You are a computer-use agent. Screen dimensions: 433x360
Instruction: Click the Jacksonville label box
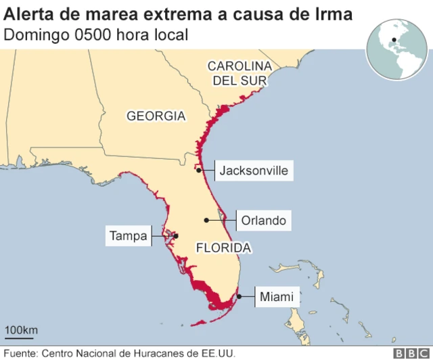[x=254, y=171]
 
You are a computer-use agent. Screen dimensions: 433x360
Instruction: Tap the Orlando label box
[x=263, y=221]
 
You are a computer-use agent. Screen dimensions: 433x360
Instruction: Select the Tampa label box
[x=128, y=236]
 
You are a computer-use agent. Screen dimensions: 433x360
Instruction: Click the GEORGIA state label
[x=156, y=116]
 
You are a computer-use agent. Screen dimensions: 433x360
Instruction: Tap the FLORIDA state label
[x=223, y=248]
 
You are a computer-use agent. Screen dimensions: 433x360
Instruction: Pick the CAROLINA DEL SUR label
[x=239, y=74]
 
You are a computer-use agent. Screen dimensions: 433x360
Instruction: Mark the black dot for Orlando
[x=206, y=221]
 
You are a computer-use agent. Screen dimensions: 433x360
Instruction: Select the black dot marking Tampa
[x=175, y=236]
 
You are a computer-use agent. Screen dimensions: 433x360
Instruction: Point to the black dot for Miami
[x=239, y=296]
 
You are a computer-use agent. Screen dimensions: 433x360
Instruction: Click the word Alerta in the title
[x=28, y=12]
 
